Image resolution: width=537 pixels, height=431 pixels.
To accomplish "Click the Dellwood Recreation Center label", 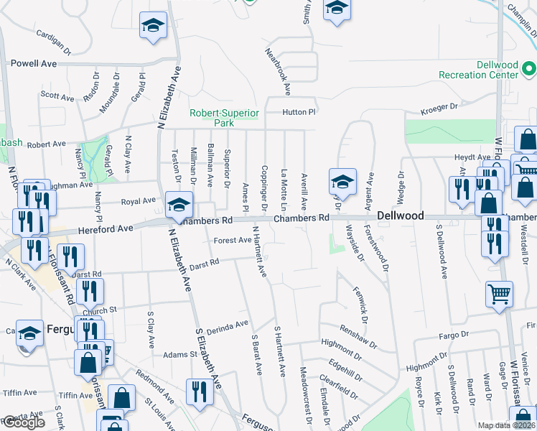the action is tap(478, 70).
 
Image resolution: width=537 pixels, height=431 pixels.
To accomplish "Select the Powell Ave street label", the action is tap(33, 63).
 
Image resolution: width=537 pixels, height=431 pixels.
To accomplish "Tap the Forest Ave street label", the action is tap(232, 241).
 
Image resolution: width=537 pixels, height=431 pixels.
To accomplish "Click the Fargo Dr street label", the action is tap(454, 335).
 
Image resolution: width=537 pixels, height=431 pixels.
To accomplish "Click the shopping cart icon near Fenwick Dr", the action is tap(500, 293).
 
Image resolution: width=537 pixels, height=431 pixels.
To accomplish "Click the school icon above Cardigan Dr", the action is tap(153, 26).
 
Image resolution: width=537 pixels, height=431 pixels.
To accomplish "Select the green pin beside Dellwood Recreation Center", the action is tap(530, 70).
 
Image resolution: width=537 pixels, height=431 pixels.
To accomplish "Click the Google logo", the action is tap(24, 422).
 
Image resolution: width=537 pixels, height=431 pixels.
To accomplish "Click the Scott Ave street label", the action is tap(57, 96).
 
